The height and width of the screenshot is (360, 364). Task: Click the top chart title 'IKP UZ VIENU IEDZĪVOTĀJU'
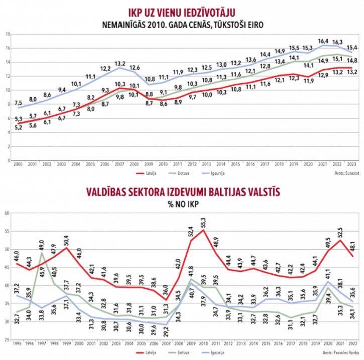coord(182,11)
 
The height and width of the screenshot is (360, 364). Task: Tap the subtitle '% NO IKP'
coord(181,205)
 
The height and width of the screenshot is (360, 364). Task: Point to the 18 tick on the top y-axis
coord(8,34)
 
